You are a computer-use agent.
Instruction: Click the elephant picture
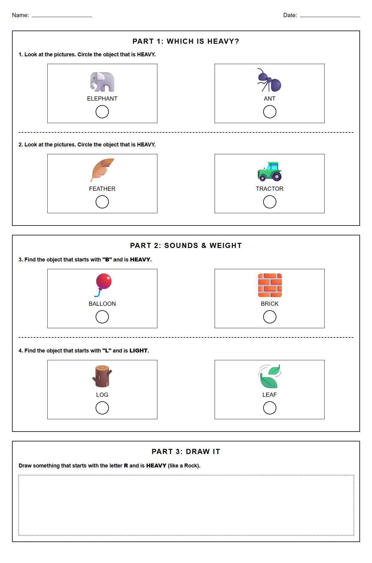(x=102, y=82)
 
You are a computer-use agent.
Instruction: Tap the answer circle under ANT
(x=269, y=112)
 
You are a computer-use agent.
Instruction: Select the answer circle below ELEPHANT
(x=102, y=112)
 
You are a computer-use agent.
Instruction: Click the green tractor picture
(x=269, y=172)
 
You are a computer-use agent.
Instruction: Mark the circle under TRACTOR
(x=269, y=202)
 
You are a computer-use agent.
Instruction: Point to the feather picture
(x=102, y=170)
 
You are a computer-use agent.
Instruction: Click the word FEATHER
(x=102, y=189)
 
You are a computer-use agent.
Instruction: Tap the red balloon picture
(x=103, y=284)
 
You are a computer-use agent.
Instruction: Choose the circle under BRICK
(x=269, y=317)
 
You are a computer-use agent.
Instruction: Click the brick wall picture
(x=270, y=285)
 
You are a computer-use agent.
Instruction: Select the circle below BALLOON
(x=102, y=317)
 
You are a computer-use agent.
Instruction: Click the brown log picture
(x=102, y=376)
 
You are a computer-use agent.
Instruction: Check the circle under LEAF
(x=269, y=408)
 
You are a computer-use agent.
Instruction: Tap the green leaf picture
(x=269, y=376)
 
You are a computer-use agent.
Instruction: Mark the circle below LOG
(x=102, y=408)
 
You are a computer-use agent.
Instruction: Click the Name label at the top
(x=20, y=15)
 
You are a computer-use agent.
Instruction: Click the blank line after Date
(x=330, y=16)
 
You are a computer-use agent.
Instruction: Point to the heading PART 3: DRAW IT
(x=186, y=452)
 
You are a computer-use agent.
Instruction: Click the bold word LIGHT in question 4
(x=138, y=351)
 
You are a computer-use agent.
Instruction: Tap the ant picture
(x=269, y=80)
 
